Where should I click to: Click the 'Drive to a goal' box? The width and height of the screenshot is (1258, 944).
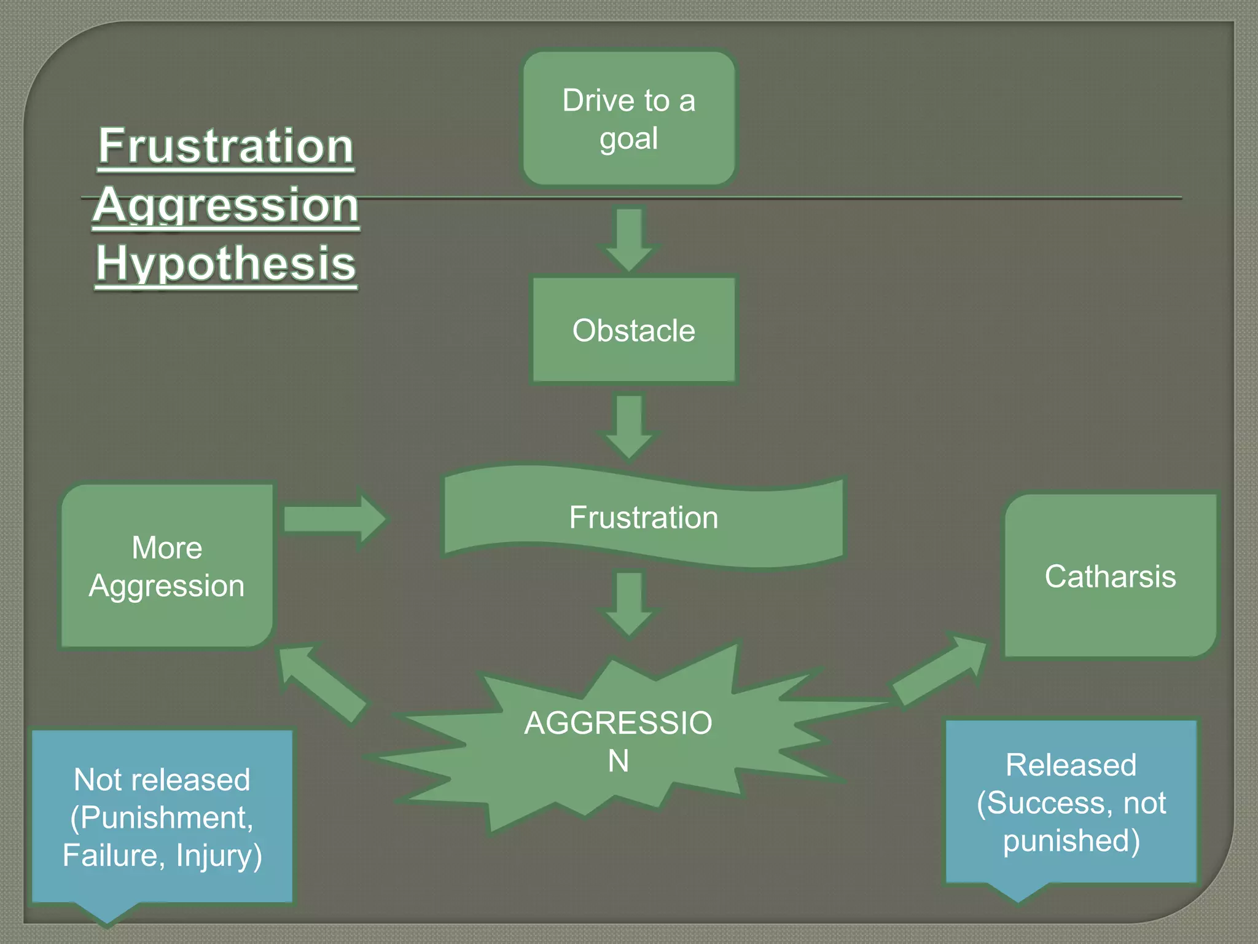629,118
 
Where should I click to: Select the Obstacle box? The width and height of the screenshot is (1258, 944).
633,330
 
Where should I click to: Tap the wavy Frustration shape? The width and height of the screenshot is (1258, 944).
643,517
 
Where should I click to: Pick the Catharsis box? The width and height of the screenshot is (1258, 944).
1110,576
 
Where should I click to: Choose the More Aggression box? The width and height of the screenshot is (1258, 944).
166,566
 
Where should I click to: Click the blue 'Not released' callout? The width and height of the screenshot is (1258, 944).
162,817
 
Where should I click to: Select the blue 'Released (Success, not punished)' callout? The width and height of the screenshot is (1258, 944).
1071,802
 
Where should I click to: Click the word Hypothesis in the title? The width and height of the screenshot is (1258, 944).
225,263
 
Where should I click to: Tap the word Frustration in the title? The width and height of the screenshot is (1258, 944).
225,146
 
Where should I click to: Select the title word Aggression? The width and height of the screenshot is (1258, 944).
225,205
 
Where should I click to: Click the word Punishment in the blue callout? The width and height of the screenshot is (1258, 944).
166,817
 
